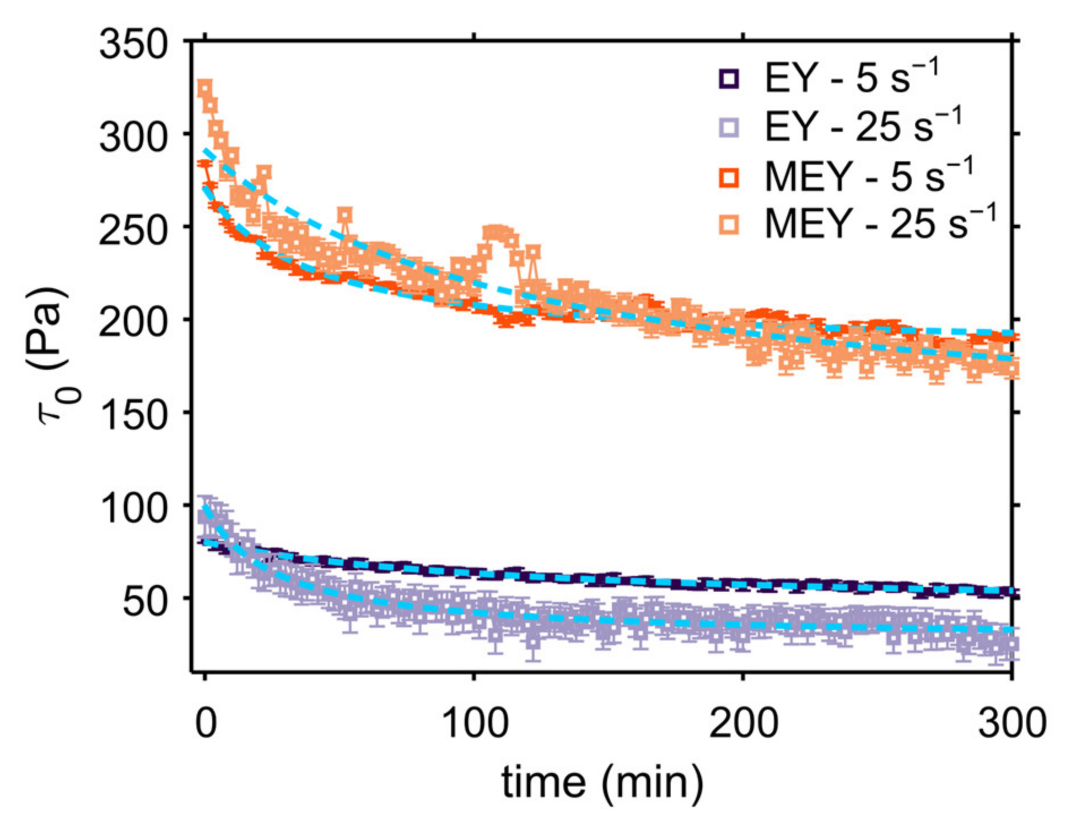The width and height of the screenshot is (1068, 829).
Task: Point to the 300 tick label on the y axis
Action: [134, 137]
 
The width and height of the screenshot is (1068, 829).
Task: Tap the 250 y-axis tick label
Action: [134, 230]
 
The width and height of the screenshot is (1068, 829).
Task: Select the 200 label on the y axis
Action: [134, 323]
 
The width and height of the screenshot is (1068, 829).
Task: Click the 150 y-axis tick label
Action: [134, 416]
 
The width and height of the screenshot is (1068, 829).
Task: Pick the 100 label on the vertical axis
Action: [134, 508]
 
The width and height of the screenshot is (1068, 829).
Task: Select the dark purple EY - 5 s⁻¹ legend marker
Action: [729, 78]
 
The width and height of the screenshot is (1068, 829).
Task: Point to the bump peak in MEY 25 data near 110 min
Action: [495, 232]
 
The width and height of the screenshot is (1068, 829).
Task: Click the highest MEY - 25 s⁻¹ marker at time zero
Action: [204, 88]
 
